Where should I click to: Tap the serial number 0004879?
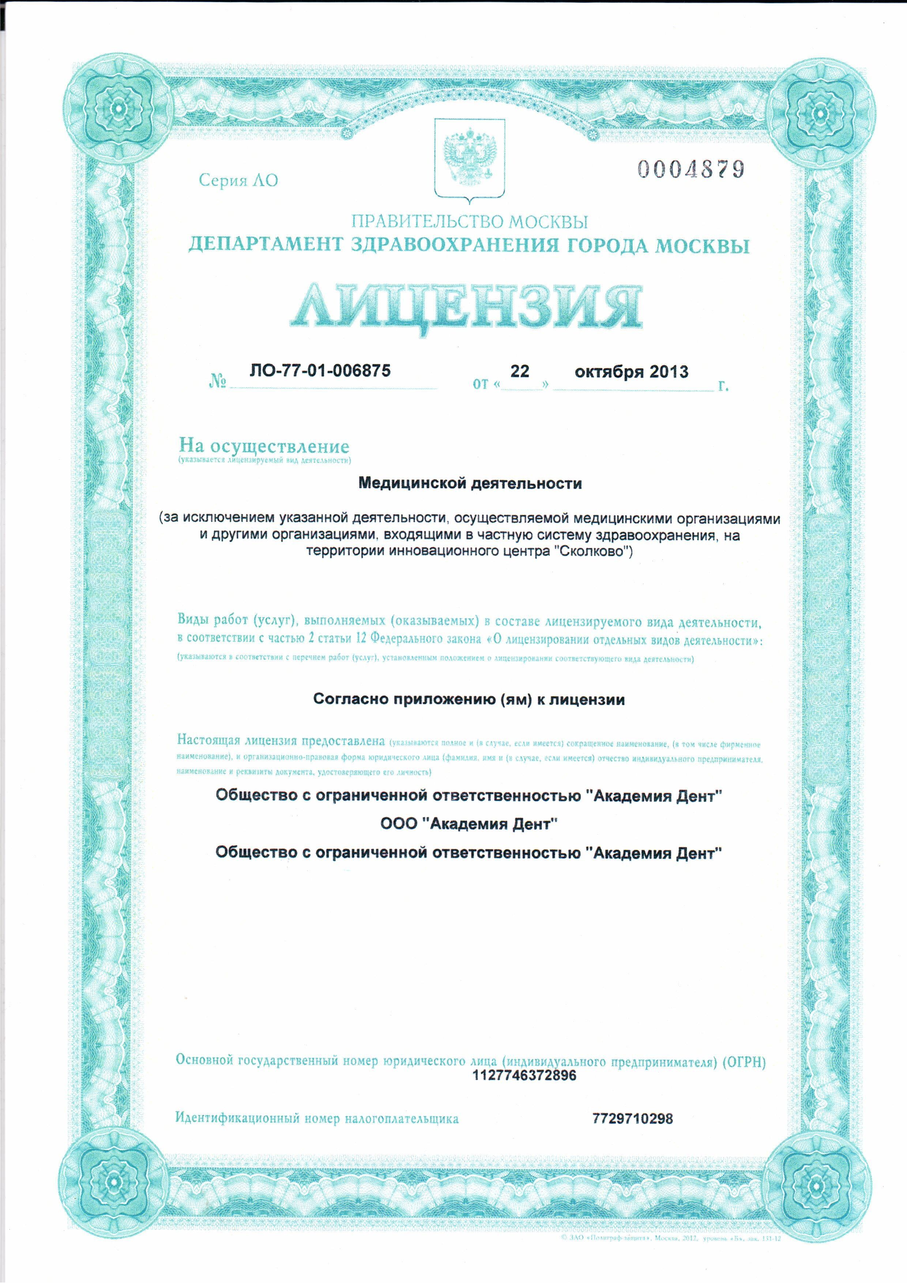[x=691, y=168]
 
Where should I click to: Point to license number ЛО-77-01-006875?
[x=320, y=370]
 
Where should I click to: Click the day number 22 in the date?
[x=519, y=372]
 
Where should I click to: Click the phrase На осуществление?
[x=264, y=446]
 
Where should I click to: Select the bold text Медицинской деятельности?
[x=470, y=483]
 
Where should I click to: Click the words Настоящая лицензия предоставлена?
[x=281, y=740]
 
